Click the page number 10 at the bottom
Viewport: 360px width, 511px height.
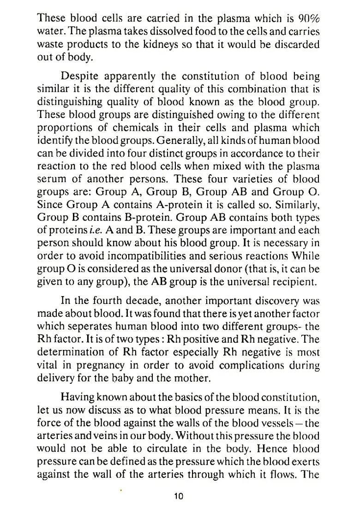coord(179,496)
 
